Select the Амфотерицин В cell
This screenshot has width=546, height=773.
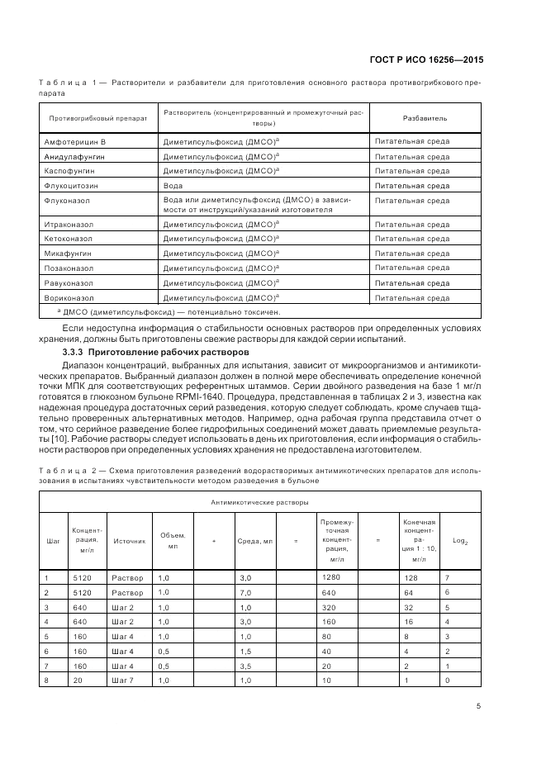point(76,142)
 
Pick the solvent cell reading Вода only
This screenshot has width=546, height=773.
point(173,186)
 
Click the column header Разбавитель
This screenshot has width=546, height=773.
point(425,118)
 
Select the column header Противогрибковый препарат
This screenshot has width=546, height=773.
point(97,118)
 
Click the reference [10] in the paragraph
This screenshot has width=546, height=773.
point(69,439)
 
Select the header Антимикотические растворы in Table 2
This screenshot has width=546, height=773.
point(259,501)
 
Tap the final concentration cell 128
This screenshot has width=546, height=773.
point(409,577)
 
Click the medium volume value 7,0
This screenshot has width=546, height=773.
point(244,592)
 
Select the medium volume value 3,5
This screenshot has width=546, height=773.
point(244,666)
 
